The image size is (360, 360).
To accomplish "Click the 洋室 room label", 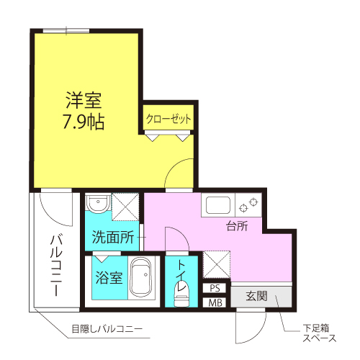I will point(85,99).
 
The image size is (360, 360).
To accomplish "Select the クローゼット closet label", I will point(168,119).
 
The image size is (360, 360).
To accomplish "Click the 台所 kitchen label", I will point(237,226).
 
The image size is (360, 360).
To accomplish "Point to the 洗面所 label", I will point(113,236).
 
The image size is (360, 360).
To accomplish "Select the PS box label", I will point(215,288).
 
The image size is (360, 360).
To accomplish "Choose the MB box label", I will point(215,302).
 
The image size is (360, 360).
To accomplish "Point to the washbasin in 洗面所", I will point(98,206).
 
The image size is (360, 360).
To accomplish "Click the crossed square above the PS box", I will point(215,264).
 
